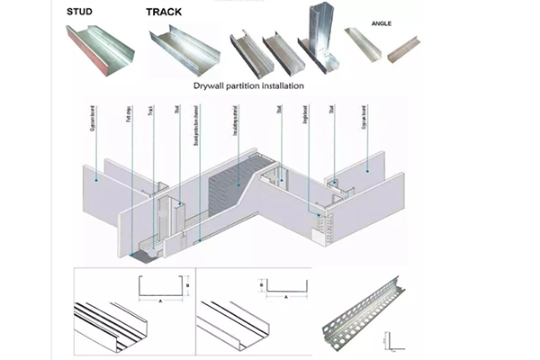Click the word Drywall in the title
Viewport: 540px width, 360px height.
212,85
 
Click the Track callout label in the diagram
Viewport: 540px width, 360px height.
152,114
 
